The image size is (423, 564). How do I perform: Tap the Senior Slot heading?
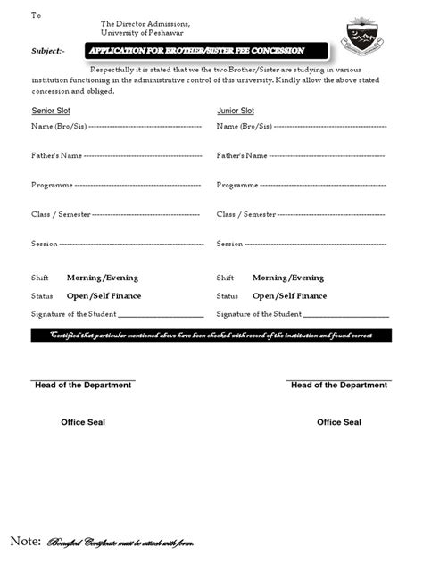(x=55, y=111)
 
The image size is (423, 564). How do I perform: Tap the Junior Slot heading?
(x=236, y=111)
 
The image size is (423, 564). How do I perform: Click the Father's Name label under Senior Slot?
(x=57, y=155)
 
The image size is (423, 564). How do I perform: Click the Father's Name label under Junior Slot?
(x=242, y=155)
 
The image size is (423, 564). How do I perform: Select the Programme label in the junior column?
(x=237, y=185)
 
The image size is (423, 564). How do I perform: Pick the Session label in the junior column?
(x=229, y=244)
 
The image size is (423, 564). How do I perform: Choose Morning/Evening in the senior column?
(x=103, y=278)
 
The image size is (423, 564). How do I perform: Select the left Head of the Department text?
(x=83, y=385)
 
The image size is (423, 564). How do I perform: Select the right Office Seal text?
(x=339, y=422)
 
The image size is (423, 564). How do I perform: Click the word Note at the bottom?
(x=25, y=541)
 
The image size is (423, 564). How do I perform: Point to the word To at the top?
(x=36, y=15)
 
